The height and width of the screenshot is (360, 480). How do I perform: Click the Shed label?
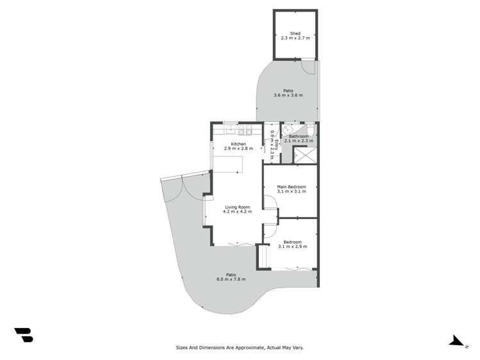295,33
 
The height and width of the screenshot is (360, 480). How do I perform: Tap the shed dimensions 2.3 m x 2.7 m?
295,38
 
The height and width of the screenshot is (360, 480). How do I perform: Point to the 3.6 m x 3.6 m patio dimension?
288,95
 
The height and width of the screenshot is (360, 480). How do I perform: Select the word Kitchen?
238,144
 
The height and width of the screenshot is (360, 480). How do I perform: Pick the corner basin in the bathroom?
287,128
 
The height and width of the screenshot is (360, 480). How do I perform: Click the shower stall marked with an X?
305,154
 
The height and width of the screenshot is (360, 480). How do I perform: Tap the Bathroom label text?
299,136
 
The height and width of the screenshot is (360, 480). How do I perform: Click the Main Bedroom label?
292,186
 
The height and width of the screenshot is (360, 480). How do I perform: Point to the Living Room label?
237,207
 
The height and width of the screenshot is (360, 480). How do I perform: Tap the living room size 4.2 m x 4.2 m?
237,212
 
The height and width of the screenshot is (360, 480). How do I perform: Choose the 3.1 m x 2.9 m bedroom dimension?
292,247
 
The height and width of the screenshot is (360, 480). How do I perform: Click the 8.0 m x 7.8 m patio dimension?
231,279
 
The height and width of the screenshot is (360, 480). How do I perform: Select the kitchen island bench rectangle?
228,164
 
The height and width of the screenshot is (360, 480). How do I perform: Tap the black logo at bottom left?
24,334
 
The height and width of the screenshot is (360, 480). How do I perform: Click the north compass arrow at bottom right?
457,341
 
